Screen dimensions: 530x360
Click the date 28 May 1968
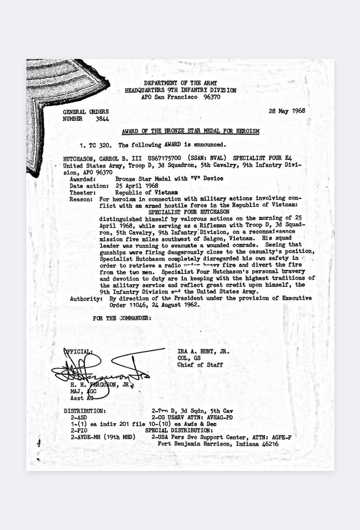286,111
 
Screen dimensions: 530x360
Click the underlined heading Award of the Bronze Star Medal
190,131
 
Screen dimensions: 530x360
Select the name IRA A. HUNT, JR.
203,351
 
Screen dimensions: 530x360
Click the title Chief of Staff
200,365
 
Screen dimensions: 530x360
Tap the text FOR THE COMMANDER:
122,318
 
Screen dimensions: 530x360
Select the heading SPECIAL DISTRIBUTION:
179,430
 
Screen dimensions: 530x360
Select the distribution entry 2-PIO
79,430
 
